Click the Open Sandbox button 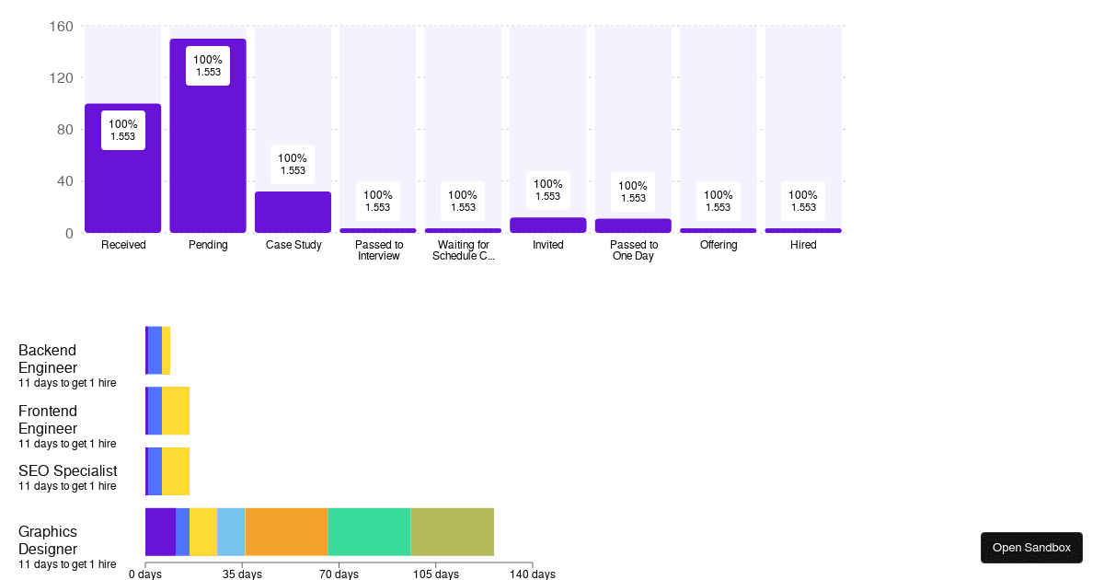(x=1031, y=548)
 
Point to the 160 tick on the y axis (x=61, y=27)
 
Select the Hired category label (x=803, y=245)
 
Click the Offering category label (x=718, y=245)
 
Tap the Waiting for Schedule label (x=463, y=250)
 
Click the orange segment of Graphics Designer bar (x=286, y=532)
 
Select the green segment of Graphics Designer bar (x=369, y=532)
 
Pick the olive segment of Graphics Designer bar (x=452, y=532)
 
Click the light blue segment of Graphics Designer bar (x=231, y=532)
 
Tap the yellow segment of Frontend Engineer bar (x=176, y=411)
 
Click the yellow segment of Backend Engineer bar (x=167, y=350)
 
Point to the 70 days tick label (x=339, y=574)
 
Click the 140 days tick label (x=532, y=574)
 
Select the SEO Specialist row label (x=67, y=471)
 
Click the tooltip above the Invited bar (x=547, y=190)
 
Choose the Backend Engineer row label (x=48, y=359)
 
